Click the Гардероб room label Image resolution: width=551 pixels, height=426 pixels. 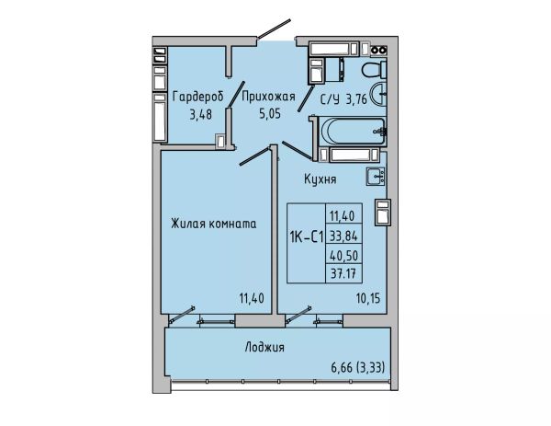point(197,97)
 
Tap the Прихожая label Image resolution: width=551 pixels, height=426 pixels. point(269,96)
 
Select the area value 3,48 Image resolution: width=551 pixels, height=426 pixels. point(200,114)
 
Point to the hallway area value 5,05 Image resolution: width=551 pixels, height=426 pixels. point(270,114)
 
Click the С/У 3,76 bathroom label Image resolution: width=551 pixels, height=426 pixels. point(343,99)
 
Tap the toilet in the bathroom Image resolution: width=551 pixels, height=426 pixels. point(375,69)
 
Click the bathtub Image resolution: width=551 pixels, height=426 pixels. point(354,131)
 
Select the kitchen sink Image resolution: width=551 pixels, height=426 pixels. point(376,176)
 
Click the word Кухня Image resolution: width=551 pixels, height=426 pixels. point(320,179)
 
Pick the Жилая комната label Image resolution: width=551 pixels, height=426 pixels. point(214,224)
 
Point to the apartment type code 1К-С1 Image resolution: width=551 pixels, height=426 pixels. point(307,238)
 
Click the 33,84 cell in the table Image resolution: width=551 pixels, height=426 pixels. point(343,236)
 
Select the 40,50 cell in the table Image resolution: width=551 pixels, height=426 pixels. point(344,255)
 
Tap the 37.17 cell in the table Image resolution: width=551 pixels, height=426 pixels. point(344,273)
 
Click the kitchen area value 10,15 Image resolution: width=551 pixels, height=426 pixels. point(368,298)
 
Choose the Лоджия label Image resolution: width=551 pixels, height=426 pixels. point(264,348)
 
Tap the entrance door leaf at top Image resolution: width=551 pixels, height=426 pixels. point(274,29)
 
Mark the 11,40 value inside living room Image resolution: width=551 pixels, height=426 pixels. point(252,298)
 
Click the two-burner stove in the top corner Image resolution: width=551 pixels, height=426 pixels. point(378,50)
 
